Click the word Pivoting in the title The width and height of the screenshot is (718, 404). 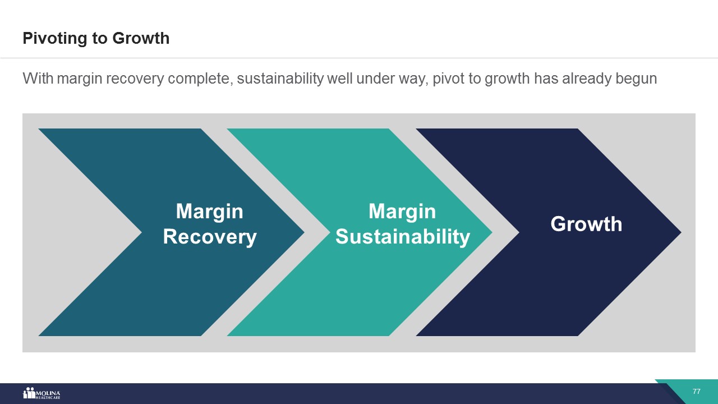(x=55, y=39)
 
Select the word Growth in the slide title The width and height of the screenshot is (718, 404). (x=141, y=38)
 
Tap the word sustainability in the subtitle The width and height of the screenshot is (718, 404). (x=280, y=79)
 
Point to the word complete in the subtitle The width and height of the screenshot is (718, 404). (x=200, y=79)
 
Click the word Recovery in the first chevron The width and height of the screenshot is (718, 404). (x=210, y=237)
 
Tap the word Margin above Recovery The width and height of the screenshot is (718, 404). (x=210, y=212)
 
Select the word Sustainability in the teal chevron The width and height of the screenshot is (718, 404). (x=403, y=237)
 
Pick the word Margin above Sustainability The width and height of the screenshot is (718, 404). (x=402, y=212)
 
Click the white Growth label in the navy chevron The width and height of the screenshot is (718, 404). (x=586, y=224)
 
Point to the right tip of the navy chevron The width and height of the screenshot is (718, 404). (x=681, y=232)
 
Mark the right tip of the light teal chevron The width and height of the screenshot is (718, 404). (x=492, y=232)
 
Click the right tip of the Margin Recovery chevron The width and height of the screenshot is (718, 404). (x=304, y=232)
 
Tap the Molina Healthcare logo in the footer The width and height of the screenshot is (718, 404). (x=42, y=393)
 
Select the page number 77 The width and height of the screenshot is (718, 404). (x=696, y=392)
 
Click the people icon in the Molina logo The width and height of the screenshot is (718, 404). (x=29, y=393)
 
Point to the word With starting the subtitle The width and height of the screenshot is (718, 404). (x=38, y=78)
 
